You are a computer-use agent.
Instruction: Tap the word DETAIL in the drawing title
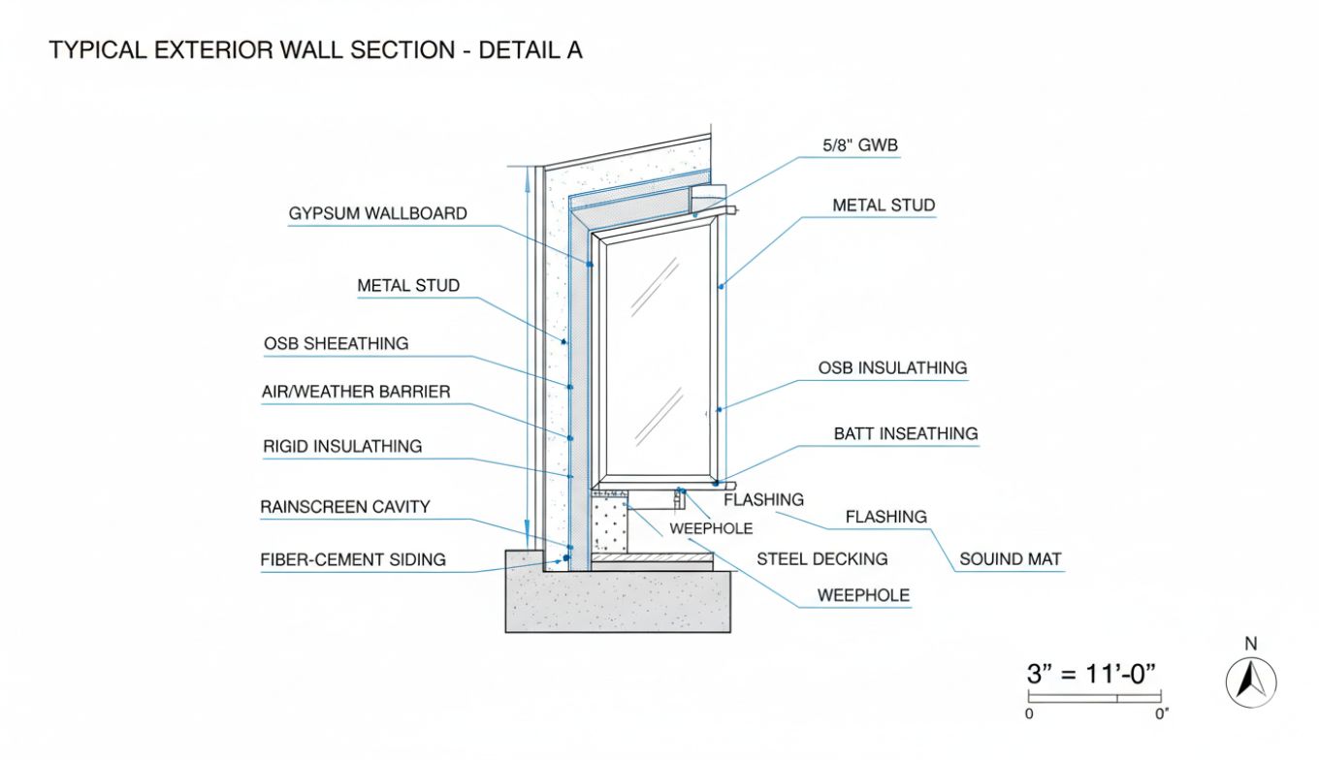(512, 50)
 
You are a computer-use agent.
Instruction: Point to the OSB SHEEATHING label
(336, 344)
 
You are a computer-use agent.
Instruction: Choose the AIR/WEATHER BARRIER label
(355, 393)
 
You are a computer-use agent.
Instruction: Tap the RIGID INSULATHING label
(342, 447)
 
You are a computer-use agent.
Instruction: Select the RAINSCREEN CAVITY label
(344, 507)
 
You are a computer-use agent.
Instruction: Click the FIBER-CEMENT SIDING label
(353, 559)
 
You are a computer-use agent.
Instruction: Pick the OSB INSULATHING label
(892, 368)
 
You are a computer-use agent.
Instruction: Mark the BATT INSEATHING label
(906, 433)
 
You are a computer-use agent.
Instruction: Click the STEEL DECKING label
(821, 559)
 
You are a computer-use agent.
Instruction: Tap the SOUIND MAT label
(1010, 559)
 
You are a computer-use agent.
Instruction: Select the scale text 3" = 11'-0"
(1093, 674)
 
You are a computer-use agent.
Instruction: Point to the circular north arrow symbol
(1251, 681)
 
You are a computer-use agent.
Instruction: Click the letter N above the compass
(1251, 644)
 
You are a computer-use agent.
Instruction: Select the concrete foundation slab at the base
(617, 601)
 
